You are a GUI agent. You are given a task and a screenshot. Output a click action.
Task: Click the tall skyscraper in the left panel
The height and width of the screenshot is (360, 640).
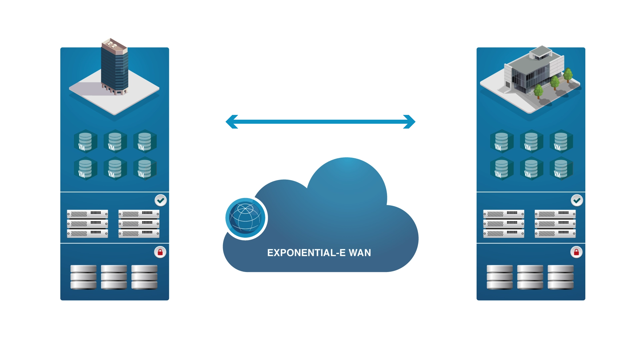(114, 67)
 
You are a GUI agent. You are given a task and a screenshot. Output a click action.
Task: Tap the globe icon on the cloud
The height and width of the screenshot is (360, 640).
(246, 218)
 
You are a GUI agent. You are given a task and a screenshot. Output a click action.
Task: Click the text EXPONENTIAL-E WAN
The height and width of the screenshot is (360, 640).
(319, 253)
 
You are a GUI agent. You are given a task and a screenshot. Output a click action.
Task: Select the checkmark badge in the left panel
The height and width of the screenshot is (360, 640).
(161, 200)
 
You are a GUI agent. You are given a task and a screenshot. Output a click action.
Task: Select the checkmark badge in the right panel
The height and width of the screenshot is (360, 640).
(577, 200)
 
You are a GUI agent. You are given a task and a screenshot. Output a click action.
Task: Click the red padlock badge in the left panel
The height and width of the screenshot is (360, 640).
(160, 252)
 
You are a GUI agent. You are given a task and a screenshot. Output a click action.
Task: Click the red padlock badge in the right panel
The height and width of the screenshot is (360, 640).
(576, 252)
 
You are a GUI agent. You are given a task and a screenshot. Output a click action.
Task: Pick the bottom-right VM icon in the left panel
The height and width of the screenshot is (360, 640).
(145, 169)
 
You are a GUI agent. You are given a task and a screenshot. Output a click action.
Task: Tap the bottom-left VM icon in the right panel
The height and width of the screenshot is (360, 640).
(501, 169)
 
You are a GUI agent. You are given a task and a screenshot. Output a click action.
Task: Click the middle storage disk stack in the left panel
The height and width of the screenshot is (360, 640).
(114, 277)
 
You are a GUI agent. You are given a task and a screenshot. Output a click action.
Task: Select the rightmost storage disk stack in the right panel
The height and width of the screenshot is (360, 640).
(561, 277)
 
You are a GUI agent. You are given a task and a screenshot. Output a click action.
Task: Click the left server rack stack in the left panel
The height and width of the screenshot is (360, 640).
(87, 223)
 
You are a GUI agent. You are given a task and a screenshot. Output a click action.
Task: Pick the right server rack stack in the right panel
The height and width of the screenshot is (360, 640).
(555, 223)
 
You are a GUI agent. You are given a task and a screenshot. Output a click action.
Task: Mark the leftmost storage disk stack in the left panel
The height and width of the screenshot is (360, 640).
(83, 277)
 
